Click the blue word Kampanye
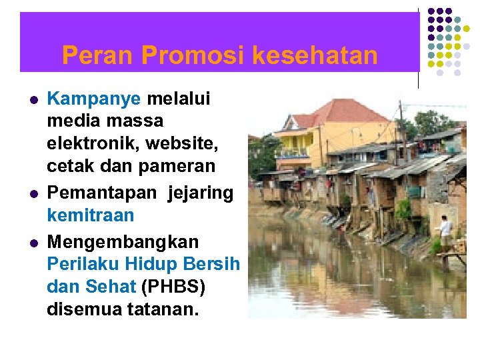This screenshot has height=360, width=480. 94,100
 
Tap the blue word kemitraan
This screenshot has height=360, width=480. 91,216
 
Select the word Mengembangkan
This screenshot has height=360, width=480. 113,240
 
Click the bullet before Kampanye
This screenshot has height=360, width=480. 33,100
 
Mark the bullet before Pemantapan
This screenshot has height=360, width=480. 33,193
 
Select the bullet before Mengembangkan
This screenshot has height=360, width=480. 33,240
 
